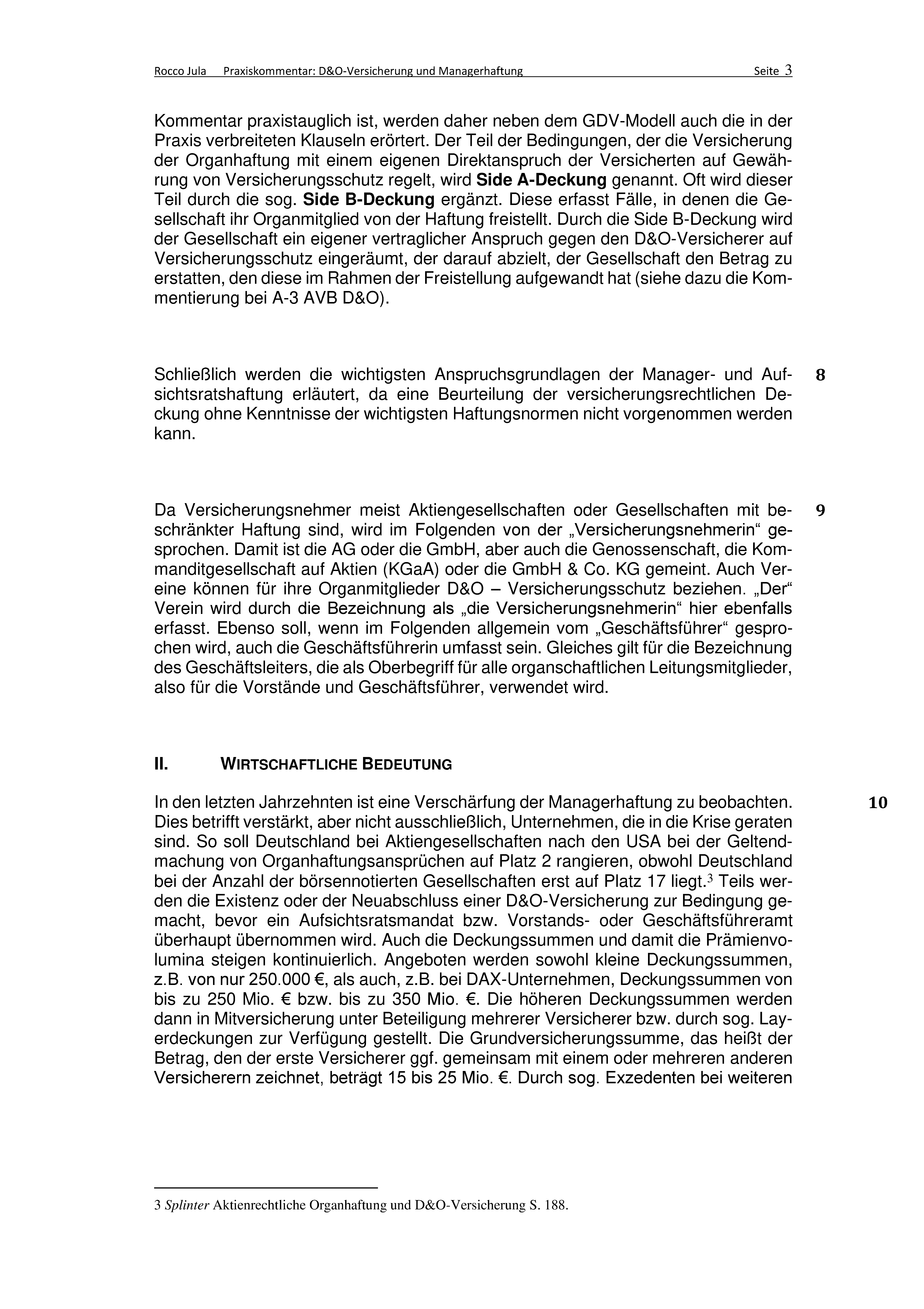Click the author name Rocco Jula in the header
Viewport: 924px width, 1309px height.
[x=180, y=71]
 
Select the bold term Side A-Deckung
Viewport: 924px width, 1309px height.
[x=541, y=180]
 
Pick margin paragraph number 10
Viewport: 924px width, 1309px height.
[x=878, y=803]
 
